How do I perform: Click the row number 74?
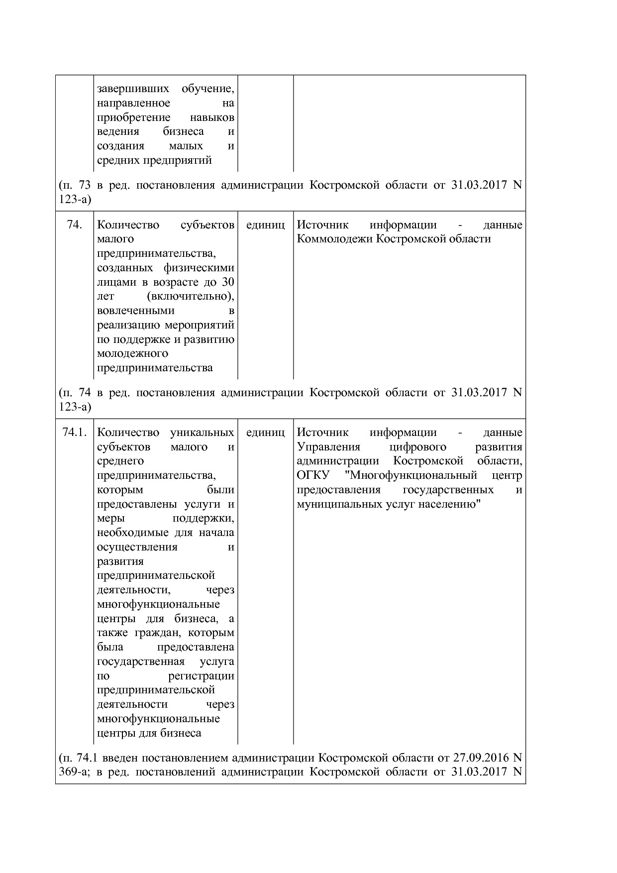coord(74,225)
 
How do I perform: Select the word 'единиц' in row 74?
coord(265,225)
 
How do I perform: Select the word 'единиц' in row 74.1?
coord(265,432)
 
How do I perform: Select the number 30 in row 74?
coord(228,282)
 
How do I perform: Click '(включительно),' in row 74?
coord(191,297)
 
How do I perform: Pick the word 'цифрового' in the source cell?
coord(418,446)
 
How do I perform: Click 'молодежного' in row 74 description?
coord(132,354)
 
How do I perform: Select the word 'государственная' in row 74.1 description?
coord(141,661)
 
